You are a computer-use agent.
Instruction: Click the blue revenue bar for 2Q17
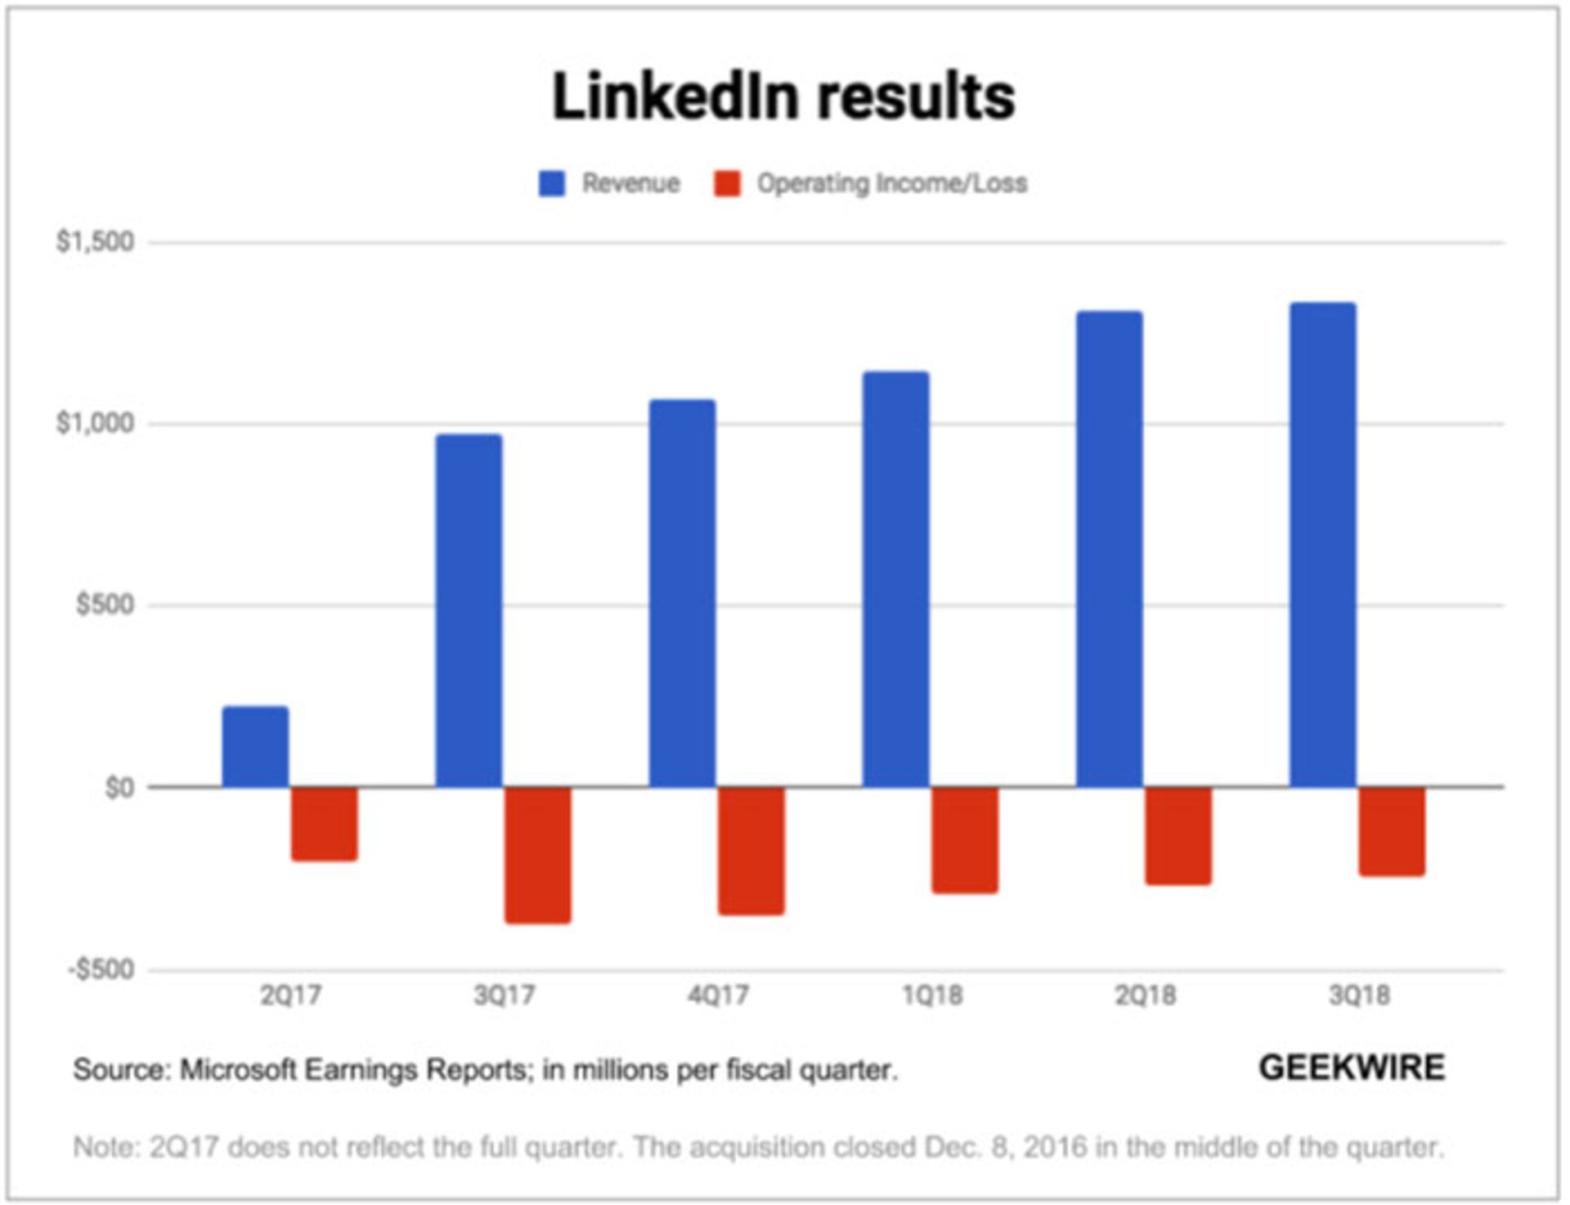pyautogui.click(x=255, y=746)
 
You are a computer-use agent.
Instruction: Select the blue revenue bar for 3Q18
pyautogui.click(x=1322, y=545)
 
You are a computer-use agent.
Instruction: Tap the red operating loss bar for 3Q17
pyautogui.click(x=537, y=855)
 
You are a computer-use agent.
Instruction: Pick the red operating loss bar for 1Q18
pyautogui.click(x=965, y=839)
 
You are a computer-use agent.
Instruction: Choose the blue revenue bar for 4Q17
pyautogui.click(x=682, y=593)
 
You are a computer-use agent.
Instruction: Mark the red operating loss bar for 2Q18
pyautogui.click(x=1178, y=835)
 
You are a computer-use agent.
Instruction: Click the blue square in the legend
pyautogui.click(x=552, y=183)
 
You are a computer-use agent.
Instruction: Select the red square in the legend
pyautogui.click(x=727, y=183)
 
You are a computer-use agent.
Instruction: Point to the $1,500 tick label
pyautogui.click(x=95, y=242)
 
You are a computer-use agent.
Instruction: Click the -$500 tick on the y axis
pyautogui.click(x=101, y=970)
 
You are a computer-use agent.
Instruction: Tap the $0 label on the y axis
pyautogui.click(x=119, y=788)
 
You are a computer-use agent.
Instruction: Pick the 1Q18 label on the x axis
pyautogui.click(x=932, y=996)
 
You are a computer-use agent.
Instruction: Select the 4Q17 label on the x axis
pyautogui.click(x=718, y=996)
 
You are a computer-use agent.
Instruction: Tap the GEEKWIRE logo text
pyautogui.click(x=1352, y=1068)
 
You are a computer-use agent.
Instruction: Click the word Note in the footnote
pyautogui.click(x=104, y=1147)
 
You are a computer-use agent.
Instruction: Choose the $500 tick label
pyautogui.click(x=105, y=605)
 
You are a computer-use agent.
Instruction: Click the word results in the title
pyautogui.click(x=917, y=97)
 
